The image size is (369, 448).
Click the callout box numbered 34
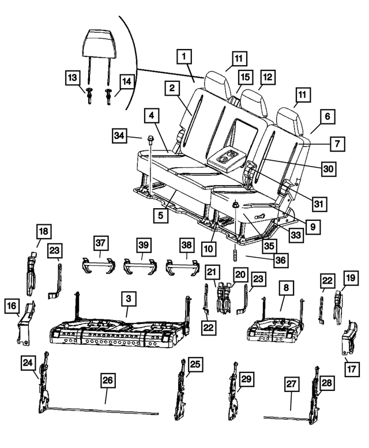pos(119,135)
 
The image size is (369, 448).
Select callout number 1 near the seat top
pos(184,57)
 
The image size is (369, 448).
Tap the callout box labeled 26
pos(108,381)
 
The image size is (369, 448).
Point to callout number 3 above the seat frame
pos(129,299)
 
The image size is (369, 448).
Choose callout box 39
pos(144,245)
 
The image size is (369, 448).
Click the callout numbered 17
pos(352,369)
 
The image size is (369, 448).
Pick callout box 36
pos(280,260)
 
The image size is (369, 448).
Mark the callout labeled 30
pos(329,169)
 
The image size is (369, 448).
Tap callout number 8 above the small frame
pos(286,288)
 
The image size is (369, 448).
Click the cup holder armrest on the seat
pos(225,160)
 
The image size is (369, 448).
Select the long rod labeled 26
pos(103,411)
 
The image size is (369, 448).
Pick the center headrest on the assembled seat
pos(253,102)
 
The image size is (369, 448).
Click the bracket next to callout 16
pos(27,324)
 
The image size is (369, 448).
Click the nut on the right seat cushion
pos(236,204)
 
